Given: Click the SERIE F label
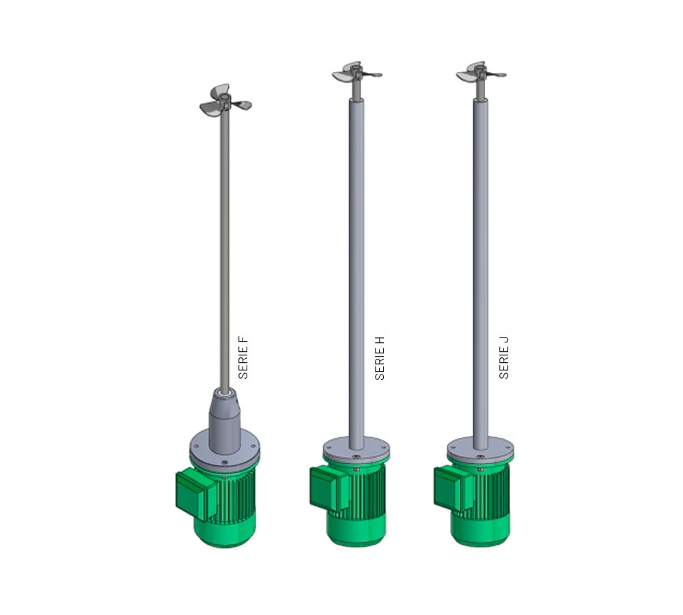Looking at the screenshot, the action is tap(243, 357).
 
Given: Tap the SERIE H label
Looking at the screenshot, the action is tap(380, 358).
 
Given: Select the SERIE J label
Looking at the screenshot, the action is tap(504, 357).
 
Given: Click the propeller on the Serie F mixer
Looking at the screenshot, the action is tap(225, 101).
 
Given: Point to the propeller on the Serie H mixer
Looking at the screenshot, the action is tap(357, 72).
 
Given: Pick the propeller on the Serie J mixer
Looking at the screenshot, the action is tap(481, 72).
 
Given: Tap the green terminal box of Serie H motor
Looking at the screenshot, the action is tap(330, 488).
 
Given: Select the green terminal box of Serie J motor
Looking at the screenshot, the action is tap(454, 488).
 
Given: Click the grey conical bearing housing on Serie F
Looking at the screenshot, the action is tap(225, 420).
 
